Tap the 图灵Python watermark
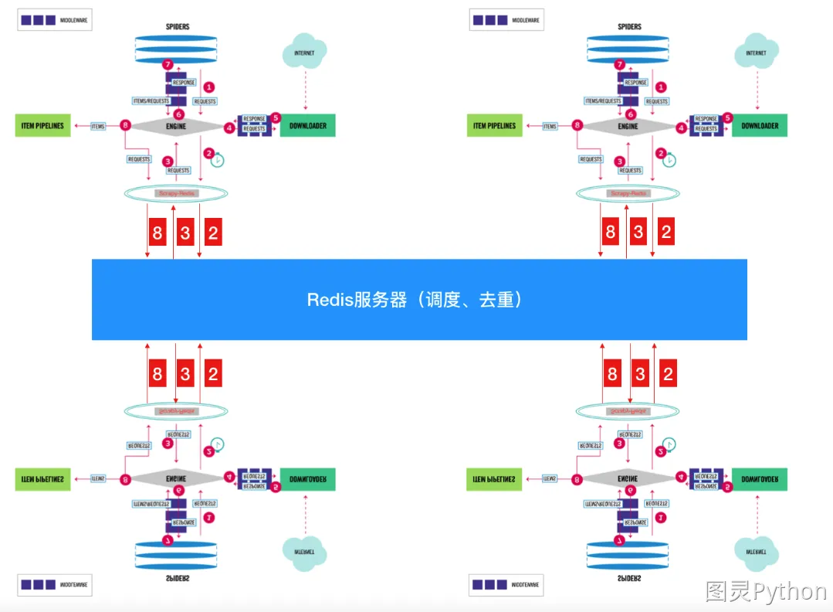point(765,592)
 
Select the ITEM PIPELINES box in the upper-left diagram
point(42,125)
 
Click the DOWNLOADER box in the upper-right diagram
point(760,125)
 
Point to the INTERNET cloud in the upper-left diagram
point(304,53)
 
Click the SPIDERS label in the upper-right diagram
point(629,26)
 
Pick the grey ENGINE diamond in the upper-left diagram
point(176,125)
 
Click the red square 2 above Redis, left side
point(213,232)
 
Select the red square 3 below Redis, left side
point(185,374)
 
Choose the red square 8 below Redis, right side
point(612,374)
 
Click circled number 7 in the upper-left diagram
point(168,65)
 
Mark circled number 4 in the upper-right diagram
point(681,128)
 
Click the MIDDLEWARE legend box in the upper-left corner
point(55,19)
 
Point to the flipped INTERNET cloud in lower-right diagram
point(757,552)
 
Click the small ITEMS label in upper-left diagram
point(98,126)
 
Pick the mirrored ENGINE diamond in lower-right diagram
point(628,479)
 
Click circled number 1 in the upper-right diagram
point(659,87)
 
